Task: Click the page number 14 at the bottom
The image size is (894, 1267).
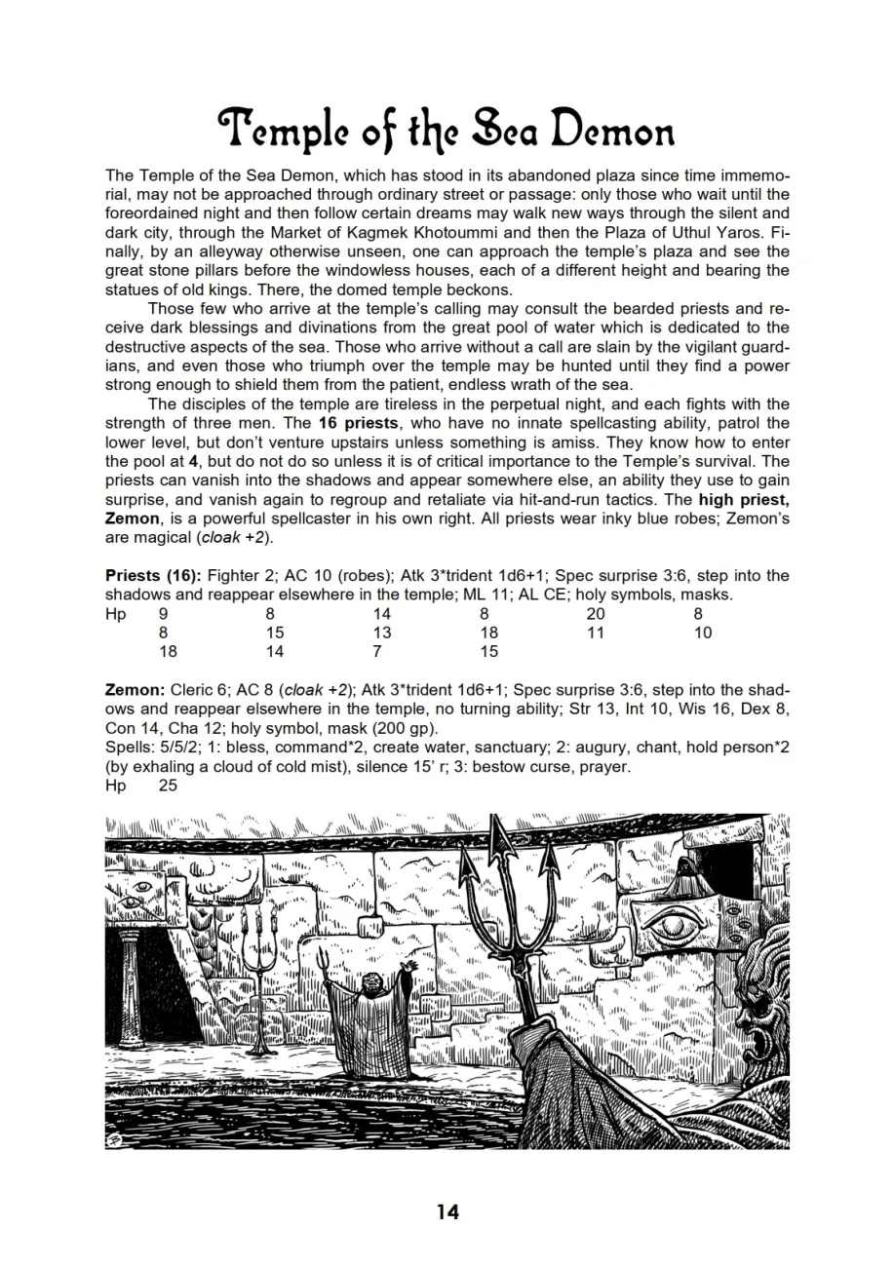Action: tap(447, 1211)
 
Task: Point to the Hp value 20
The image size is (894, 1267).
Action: tap(595, 614)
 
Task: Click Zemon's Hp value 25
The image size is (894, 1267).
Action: tap(168, 786)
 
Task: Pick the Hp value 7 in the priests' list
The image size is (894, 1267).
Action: tap(377, 651)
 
